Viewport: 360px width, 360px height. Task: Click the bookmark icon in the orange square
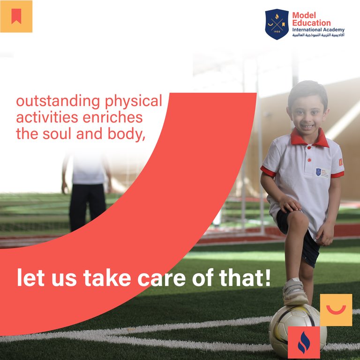pos(16,16)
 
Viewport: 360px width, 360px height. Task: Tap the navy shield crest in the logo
pos(277,24)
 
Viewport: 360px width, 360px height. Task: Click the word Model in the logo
pos(304,15)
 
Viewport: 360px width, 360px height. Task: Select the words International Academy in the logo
pos(318,30)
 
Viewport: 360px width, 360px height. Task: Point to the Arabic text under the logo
pos(318,36)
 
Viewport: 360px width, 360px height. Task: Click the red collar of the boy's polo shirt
pos(309,138)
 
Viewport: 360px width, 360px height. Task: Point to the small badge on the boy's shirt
pos(319,172)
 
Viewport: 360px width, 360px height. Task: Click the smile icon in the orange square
pos(336,310)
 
